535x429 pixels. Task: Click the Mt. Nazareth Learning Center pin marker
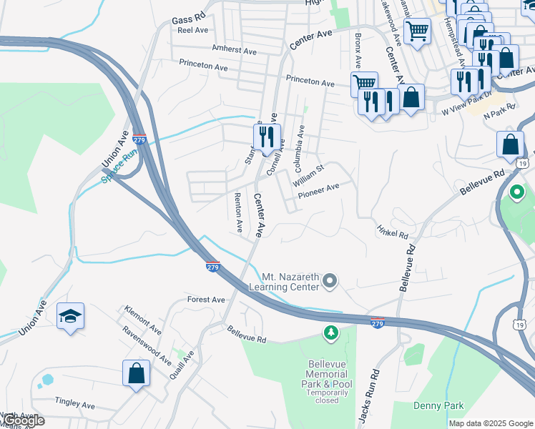(x=330, y=282)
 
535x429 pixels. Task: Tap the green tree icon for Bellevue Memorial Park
(x=330, y=332)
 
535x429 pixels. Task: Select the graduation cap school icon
(x=71, y=317)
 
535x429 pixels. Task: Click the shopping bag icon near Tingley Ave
(x=136, y=374)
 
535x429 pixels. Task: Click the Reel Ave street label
(x=192, y=30)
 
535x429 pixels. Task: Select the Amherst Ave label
(x=234, y=51)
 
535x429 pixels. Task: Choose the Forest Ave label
(x=206, y=300)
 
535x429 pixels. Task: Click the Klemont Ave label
(x=142, y=320)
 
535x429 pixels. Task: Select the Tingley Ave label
(x=76, y=405)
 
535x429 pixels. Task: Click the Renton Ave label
(x=238, y=213)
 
